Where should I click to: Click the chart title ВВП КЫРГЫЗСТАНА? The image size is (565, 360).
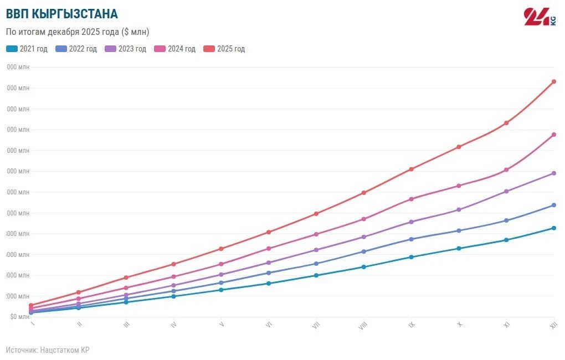click(x=61, y=14)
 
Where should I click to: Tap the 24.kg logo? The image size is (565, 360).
click(x=540, y=17)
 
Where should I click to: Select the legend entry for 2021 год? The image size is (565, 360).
click(x=27, y=49)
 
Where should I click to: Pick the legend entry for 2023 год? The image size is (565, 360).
click(x=126, y=49)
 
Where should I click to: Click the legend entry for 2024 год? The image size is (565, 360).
click(x=175, y=49)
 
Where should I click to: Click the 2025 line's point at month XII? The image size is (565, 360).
click(x=553, y=82)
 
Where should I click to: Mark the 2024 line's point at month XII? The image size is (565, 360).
click(x=553, y=135)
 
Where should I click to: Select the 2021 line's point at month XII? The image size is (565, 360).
click(x=553, y=228)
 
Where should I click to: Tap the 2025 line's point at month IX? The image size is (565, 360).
click(x=411, y=169)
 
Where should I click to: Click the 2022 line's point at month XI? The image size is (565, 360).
click(x=506, y=220)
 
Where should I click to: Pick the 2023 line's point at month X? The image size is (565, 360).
click(x=459, y=209)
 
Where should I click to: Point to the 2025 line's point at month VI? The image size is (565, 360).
click(x=269, y=232)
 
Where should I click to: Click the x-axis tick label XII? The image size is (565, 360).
click(x=553, y=326)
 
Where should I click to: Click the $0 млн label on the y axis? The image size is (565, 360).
click(x=19, y=317)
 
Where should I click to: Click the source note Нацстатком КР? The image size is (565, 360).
click(x=48, y=350)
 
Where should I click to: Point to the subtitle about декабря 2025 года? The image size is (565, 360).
click(x=78, y=32)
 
